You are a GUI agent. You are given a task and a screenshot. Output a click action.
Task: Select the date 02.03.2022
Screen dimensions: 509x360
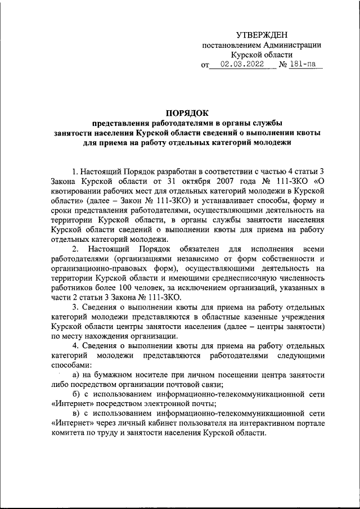241,65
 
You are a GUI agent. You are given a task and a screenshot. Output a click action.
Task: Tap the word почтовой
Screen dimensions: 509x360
177,385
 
